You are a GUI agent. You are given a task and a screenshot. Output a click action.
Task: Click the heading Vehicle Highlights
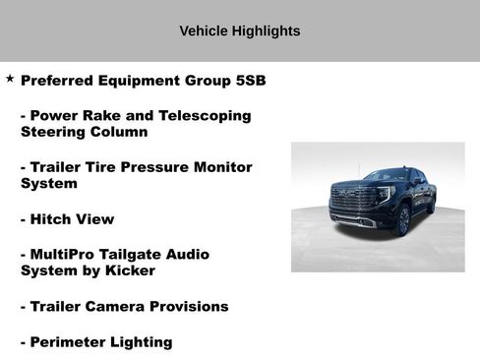click(x=240, y=31)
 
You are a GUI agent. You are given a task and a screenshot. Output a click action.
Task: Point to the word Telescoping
click(x=202, y=115)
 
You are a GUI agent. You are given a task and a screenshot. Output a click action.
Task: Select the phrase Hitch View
click(x=72, y=218)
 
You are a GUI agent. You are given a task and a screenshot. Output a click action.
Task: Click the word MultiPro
click(x=66, y=254)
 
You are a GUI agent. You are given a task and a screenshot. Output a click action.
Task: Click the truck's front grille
click(x=348, y=205)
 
